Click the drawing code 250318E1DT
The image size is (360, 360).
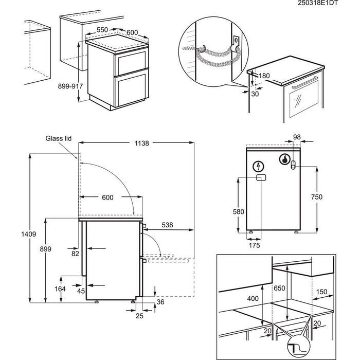click(x=318, y=3)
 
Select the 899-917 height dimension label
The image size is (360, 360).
click(x=70, y=86)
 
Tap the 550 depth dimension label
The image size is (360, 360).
click(x=102, y=30)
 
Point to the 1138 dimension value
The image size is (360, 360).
click(x=141, y=143)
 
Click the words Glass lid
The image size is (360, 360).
click(x=58, y=138)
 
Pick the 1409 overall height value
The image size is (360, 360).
click(x=29, y=234)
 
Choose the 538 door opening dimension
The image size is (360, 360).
click(x=167, y=225)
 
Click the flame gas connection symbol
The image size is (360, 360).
click(x=284, y=159)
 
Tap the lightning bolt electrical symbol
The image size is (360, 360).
click(x=258, y=166)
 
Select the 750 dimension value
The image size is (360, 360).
click(x=317, y=197)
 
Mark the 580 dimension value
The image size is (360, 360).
click(x=238, y=212)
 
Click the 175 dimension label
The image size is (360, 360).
click(x=255, y=245)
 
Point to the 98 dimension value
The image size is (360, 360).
click(x=297, y=137)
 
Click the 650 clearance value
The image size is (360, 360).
click(x=279, y=288)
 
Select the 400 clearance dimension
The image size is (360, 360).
click(x=253, y=298)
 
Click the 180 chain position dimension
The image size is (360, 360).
click(x=264, y=76)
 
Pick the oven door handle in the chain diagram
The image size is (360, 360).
click(x=305, y=82)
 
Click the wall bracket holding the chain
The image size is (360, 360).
click(x=236, y=43)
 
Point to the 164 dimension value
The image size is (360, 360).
click(x=60, y=289)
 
